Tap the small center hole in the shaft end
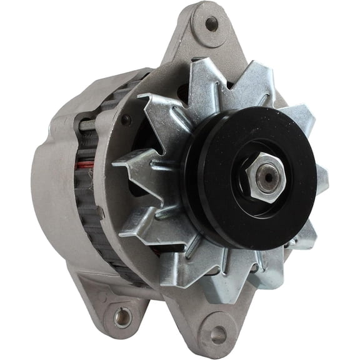(x=268, y=177)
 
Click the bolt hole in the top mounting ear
(x=212, y=24)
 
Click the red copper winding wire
(x=86, y=165)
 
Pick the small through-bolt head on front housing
(x=127, y=119)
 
